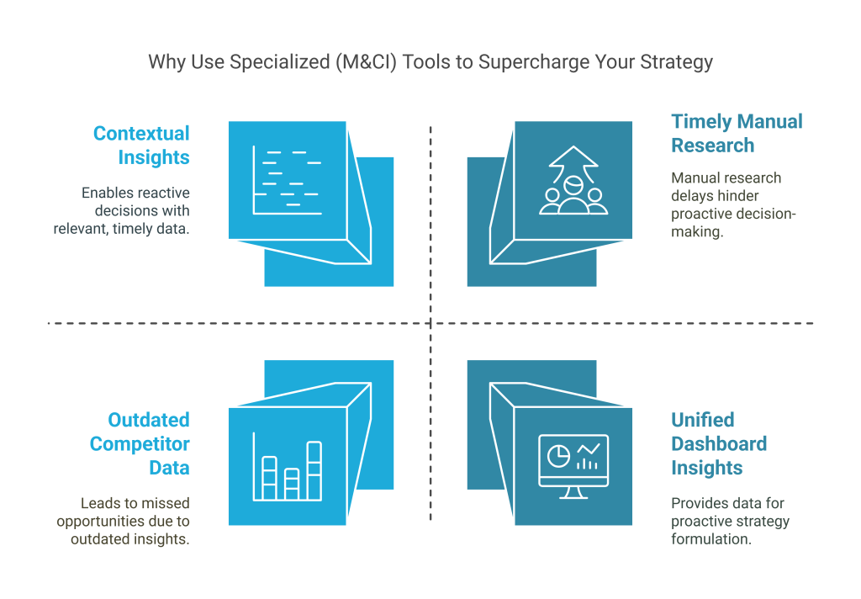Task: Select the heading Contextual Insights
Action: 141,146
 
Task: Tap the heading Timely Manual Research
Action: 737,133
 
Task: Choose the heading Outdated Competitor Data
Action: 140,443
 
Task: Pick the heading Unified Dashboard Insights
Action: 719,443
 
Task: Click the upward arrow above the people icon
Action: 573,161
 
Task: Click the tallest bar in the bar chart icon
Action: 314,469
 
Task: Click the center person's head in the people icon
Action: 573,183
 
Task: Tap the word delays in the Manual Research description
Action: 692,196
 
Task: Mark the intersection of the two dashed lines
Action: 430,322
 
